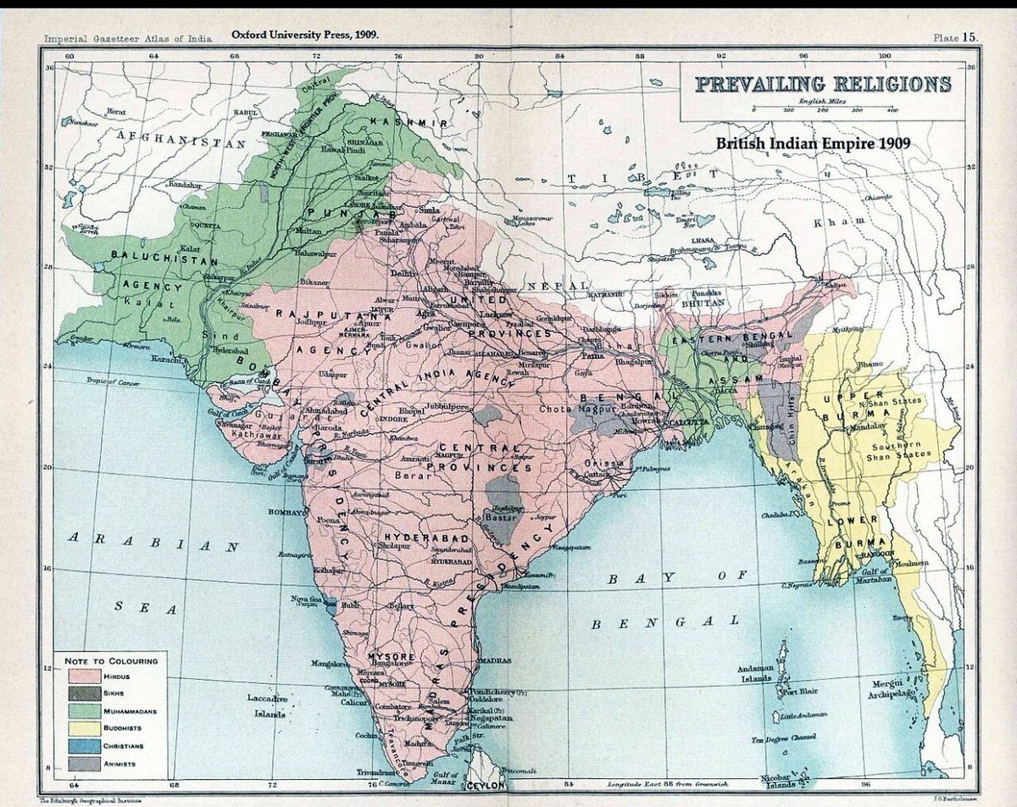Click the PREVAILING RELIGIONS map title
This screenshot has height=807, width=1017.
[822, 85]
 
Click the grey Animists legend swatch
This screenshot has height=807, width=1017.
[84, 763]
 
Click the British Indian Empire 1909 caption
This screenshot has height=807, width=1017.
[813, 143]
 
